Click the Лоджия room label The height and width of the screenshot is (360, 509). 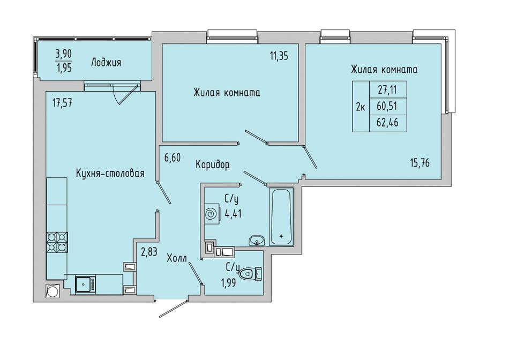pyautogui.click(x=106, y=62)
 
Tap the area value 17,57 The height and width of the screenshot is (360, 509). pyautogui.click(x=62, y=103)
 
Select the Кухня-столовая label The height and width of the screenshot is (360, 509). pyautogui.click(x=110, y=174)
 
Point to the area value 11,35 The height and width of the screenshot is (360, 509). pyautogui.click(x=279, y=56)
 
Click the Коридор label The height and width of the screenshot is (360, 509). pyautogui.click(x=213, y=165)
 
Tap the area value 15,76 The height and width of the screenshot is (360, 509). pyautogui.click(x=420, y=163)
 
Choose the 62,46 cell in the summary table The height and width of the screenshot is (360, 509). pyautogui.click(x=387, y=123)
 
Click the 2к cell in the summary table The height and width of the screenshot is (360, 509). pyautogui.click(x=361, y=107)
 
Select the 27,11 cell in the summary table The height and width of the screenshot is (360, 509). pyautogui.click(x=387, y=89)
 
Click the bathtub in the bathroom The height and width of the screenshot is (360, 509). pyautogui.click(x=281, y=216)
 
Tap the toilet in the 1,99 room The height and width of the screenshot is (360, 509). pyautogui.click(x=250, y=273)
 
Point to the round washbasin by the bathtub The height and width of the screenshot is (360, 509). pyautogui.click(x=257, y=241)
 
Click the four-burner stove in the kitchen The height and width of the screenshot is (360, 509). pyautogui.click(x=57, y=242)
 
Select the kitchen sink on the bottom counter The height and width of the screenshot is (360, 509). pyautogui.click(x=85, y=284)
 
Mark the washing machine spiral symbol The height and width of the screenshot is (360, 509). pyautogui.click(x=211, y=214)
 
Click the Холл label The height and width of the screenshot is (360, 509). pyautogui.click(x=177, y=259)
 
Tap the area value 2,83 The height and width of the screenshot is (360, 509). pyautogui.click(x=149, y=252)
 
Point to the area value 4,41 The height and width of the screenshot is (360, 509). pyautogui.click(x=233, y=214)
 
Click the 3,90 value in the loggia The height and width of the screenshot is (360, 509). pyautogui.click(x=64, y=54)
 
